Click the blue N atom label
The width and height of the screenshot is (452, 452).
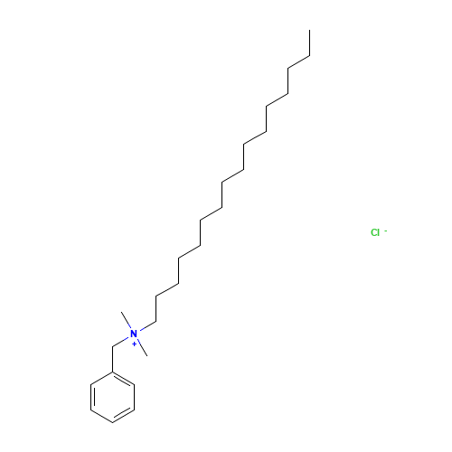coord(134,334)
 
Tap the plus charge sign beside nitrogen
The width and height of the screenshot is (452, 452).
coord(134,344)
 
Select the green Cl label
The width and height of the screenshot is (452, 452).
coord(375,232)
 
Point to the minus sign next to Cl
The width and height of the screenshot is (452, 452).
coord(385,231)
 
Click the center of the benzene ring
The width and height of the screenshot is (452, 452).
coord(112,397)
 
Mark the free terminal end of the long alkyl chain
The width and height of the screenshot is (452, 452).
coord(309,30)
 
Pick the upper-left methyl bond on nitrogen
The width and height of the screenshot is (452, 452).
coord(126,320)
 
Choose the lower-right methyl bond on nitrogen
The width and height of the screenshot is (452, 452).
coord(143,348)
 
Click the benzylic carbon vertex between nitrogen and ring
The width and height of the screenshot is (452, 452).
coord(112,346)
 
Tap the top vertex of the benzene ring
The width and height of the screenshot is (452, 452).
coord(112,372)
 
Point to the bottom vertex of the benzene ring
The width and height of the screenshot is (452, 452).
coord(112,423)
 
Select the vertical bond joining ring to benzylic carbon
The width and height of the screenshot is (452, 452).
coord(112,359)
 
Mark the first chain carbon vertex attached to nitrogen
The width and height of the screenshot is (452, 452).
coord(155,322)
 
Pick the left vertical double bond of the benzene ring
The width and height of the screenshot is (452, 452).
coord(92,397)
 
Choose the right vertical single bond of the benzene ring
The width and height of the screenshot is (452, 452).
coord(135,397)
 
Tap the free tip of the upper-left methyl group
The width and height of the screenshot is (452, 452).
coord(121,312)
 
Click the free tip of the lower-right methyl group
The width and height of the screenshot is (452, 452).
coord(147,356)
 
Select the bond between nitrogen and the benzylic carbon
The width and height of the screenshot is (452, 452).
coord(120,342)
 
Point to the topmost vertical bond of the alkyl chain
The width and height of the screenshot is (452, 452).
coord(309,42)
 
